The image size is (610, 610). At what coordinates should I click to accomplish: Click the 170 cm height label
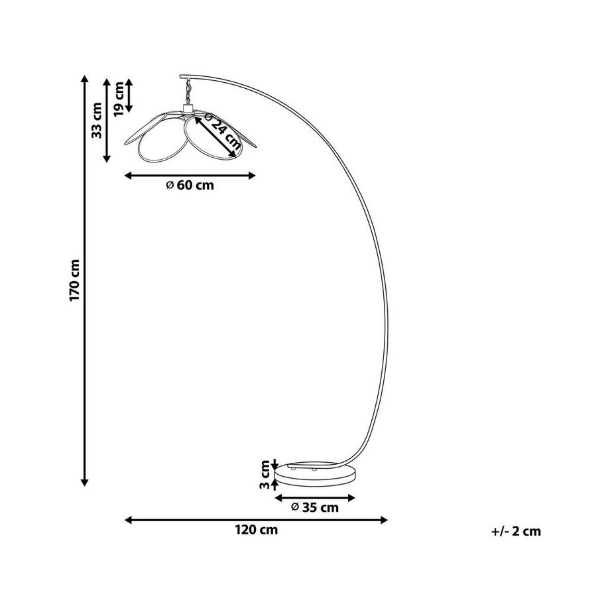point(75,280)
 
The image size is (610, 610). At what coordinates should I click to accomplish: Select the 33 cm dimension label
point(97,120)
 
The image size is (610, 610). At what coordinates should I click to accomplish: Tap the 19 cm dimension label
point(119,99)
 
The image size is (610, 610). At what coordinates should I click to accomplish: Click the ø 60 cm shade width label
point(190,185)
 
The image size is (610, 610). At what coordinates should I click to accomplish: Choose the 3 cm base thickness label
point(265,475)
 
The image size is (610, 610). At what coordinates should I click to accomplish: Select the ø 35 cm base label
point(315,507)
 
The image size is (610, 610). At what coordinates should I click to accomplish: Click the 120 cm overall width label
point(257,530)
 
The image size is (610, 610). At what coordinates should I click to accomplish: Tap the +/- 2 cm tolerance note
point(517,531)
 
